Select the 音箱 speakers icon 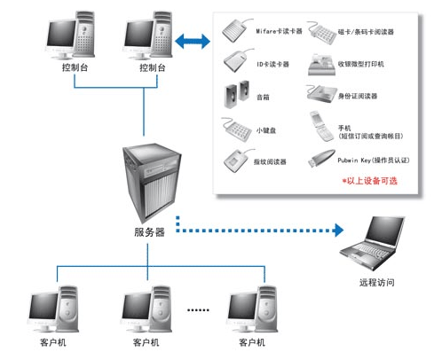pyautogui.click(x=237, y=93)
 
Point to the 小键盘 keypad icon pyautogui.click(x=236, y=129)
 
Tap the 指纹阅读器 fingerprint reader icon pyautogui.click(x=235, y=162)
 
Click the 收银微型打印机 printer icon pyautogui.click(x=319, y=62)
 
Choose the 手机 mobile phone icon pyautogui.click(x=319, y=127)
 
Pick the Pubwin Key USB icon pyautogui.click(x=319, y=160)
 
